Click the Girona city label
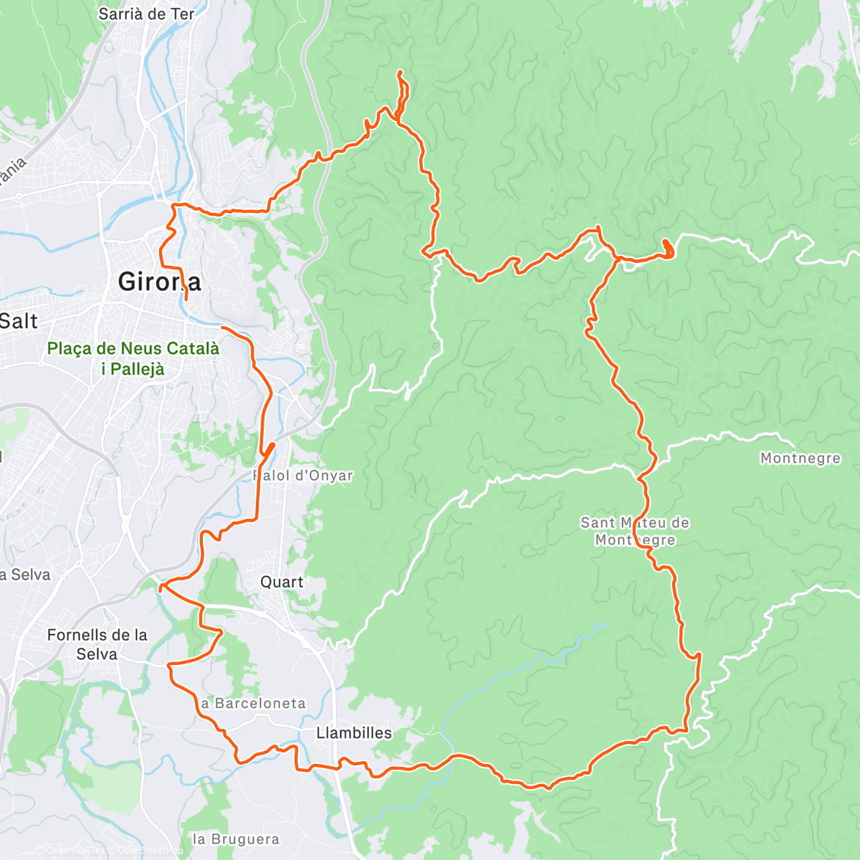coord(159,282)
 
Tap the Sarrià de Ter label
coord(146,14)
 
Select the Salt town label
coord(19,320)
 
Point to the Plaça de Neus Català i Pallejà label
coord(133,358)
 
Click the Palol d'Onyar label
coord(303,475)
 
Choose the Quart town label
coord(282,581)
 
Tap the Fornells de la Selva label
coord(97,644)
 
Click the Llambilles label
coord(354,732)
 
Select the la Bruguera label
coord(236,838)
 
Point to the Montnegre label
coord(800,458)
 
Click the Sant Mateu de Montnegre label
coord(635,531)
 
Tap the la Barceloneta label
coord(254,703)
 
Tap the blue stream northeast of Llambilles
coord(530,666)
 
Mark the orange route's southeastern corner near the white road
coord(687,730)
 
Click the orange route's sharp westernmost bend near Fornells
coord(169,666)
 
